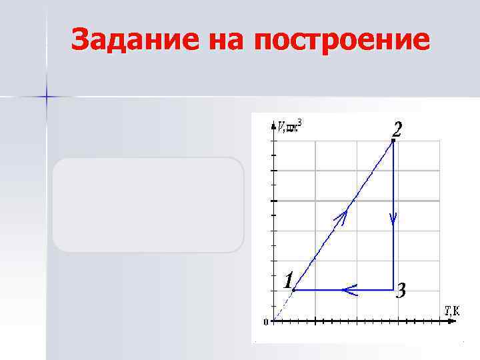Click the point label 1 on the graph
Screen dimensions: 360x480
point(287,279)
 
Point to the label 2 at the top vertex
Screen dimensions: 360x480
point(397,129)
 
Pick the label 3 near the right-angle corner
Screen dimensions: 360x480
point(401,291)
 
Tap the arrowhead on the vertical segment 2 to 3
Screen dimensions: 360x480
point(393,219)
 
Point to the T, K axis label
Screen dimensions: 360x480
point(451,310)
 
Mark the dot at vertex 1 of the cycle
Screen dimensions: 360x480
point(294,289)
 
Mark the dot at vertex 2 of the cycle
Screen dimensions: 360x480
point(393,141)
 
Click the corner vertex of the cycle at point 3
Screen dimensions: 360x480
point(393,289)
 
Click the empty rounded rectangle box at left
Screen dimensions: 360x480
point(148,205)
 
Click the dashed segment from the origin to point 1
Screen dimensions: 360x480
point(284,305)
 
